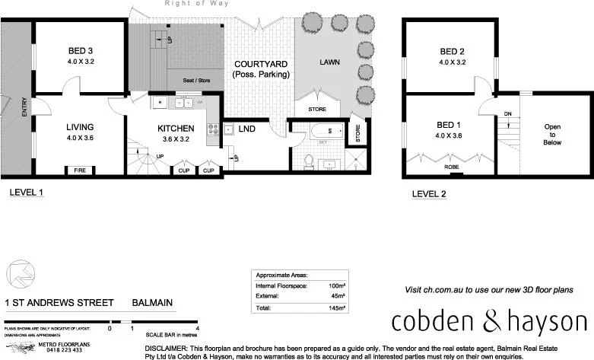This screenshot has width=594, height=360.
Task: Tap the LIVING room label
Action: pos(79,127)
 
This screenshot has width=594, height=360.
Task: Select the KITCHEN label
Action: pos(176,128)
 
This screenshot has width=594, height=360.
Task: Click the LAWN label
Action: pos(329,62)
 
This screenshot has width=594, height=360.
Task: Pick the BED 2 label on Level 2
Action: pos(452,52)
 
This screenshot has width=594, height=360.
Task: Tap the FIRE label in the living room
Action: pos(79,170)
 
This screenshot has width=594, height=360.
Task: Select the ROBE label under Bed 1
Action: pos(451,166)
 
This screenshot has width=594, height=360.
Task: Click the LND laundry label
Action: pos(246,129)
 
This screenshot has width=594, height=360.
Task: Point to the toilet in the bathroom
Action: pos(309,161)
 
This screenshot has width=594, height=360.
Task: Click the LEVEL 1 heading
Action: pos(27,194)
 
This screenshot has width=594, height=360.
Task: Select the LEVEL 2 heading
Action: pos(429,194)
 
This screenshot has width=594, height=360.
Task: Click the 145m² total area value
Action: pos(336,307)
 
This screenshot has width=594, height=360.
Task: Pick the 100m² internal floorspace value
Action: pos(336,285)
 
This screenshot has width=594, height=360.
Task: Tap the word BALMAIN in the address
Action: pos(153,302)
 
